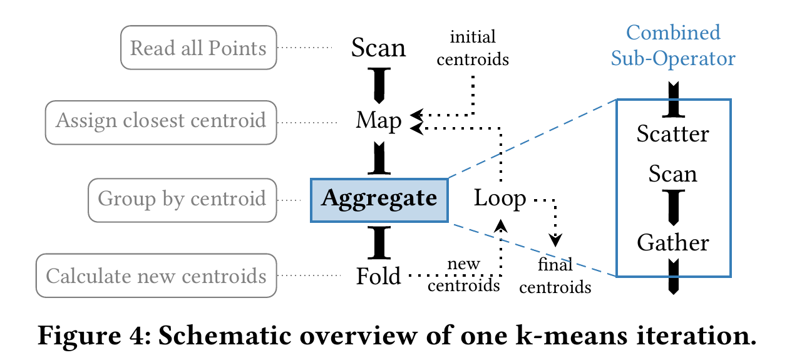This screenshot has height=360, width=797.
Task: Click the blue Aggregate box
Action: (x=379, y=200)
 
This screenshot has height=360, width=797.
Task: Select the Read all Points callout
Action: (x=198, y=48)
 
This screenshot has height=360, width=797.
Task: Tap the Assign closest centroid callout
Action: (x=161, y=122)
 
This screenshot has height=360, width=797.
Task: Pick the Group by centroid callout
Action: (x=182, y=200)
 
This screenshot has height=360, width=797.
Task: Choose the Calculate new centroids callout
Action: (x=156, y=275)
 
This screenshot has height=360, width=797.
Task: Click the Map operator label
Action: (x=379, y=121)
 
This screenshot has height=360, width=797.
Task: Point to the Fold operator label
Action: (x=379, y=275)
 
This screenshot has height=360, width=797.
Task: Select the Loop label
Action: (x=500, y=198)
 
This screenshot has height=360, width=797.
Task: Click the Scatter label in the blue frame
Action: (x=673, y=134)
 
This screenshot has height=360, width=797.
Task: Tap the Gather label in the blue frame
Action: (x=673, y=243)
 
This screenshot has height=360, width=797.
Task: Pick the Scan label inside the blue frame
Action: (x=672, y=174)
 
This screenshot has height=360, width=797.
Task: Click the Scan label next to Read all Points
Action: (x=378, y=48)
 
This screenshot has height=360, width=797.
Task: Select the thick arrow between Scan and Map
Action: (x=379, y=85)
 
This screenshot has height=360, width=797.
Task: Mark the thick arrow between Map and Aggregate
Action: (x=379, y=158)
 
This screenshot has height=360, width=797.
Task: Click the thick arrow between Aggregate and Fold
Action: (x=379, y=243)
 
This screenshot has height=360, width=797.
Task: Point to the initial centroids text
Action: (x=473, y=48)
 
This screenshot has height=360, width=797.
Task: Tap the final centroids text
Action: (x=555, y=275)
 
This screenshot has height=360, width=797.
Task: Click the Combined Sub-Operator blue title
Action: (x=673, y=45)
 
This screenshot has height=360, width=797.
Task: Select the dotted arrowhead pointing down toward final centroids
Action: (x=555, y=240)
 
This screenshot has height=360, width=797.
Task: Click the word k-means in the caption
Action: (x=572, y=336)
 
